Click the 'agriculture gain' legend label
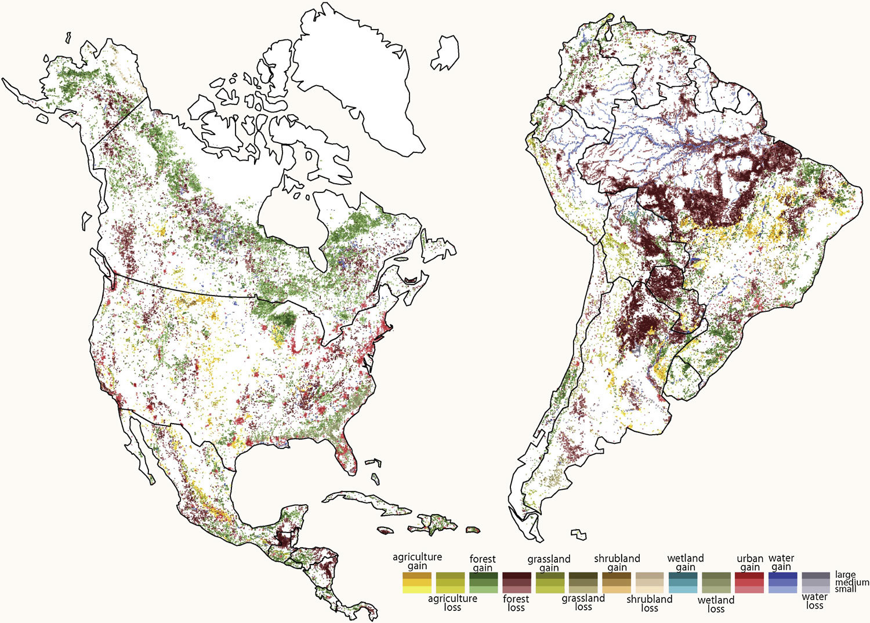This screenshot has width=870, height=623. [x=417, y=561]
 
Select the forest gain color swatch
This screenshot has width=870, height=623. [x=483, y=582]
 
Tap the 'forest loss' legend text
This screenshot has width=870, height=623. [x=516, y=603]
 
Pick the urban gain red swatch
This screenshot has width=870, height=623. [x=749, y=582]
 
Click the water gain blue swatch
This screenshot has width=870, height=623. [x=782, y=582]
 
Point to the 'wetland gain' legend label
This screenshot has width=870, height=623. [x=685, y=563]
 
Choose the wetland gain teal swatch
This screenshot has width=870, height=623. [x=683, y=582]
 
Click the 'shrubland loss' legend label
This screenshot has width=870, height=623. [x=649, y=603]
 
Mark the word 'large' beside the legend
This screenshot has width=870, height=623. [x=845, y=575]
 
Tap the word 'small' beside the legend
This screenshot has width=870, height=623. [x=845, y=589]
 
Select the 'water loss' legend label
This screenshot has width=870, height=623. [x=815, y=601]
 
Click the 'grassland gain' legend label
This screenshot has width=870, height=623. [x=549, y=563]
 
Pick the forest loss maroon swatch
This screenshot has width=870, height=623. [x=516, y=582]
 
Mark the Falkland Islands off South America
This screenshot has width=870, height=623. [x=578, y=534]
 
